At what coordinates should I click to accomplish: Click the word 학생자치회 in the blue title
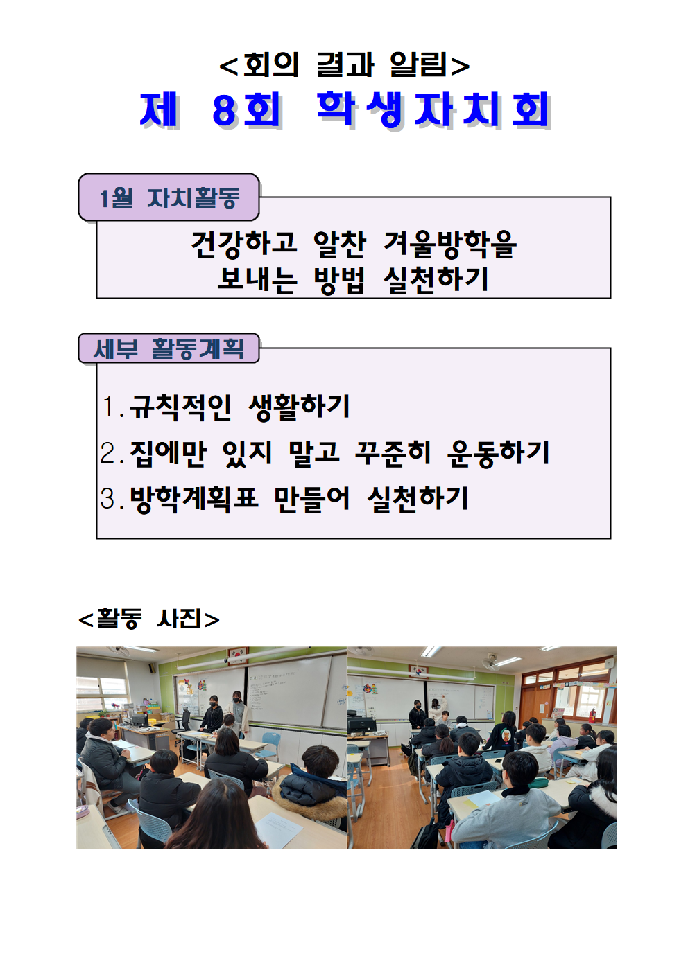click(x=434, y=110)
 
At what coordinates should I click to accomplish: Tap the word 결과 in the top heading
click(x=345, y=64)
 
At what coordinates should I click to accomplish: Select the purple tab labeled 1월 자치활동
click(x=169, y=197)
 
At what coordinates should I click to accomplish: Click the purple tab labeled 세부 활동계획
click(x=169, y=348)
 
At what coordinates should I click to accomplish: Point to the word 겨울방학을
click(x=449, y=245)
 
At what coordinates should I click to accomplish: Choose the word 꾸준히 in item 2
click(x=393, y=453)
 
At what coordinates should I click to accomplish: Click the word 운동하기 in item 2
click(x=498, y=454)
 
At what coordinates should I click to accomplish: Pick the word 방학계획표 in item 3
click(x=193, y=499)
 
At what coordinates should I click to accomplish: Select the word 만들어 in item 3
click(x=312, y=499)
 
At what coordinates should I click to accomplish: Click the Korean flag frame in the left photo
click(x=238, y=654)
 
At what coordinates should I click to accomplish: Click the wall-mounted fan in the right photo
click(x=490, y=662)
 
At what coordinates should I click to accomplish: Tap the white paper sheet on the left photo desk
click(x=279, y=829)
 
